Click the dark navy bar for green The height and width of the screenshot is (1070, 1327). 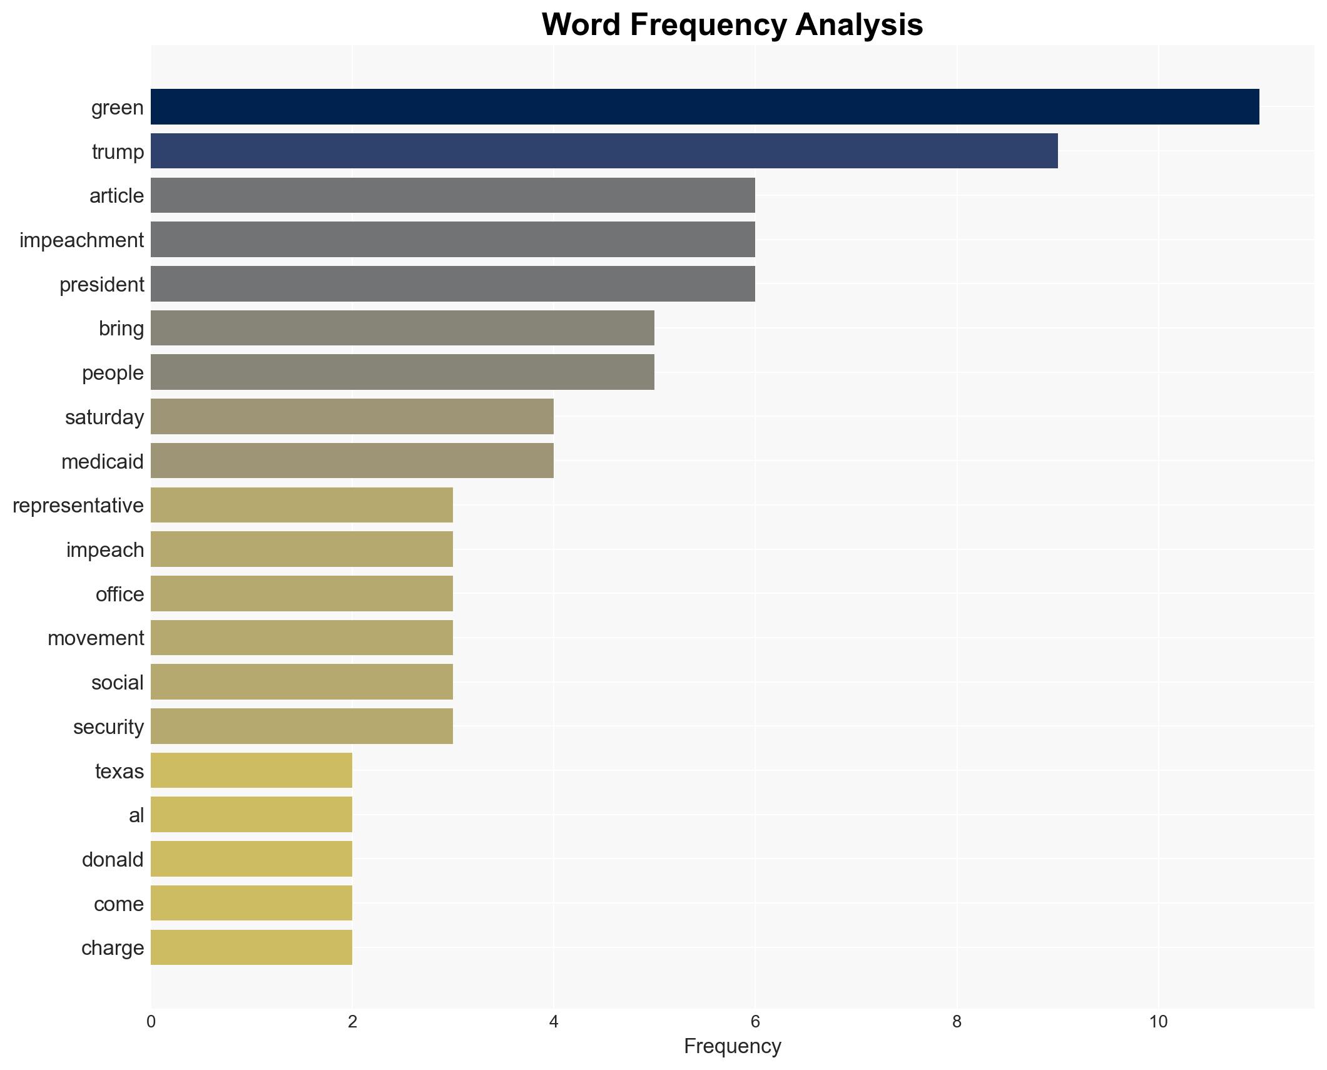pos(704,107)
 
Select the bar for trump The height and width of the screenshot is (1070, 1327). pos(604,151)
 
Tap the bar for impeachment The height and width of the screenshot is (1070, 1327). pos(452,240)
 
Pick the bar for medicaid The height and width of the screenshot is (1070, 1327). pos(352,461)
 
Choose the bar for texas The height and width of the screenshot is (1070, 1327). pos(251,770)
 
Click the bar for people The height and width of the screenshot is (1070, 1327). pos(402,372)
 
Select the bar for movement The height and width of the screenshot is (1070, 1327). pos(302,638)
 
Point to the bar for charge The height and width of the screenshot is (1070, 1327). pos(251,947)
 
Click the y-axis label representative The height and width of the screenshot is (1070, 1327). pos(78,506)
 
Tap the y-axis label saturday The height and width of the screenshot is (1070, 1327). pos(104,417)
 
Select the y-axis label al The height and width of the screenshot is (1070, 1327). pos(136,815)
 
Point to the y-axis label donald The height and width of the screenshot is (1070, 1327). pos(113,860)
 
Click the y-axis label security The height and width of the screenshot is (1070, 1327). pos(108,727)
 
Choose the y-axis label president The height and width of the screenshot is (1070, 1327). pos(101,285)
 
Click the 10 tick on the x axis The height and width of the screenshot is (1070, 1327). pos(1158,1022)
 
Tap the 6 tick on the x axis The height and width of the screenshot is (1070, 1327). pos(755,1022)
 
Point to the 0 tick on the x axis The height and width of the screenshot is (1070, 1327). pos(151,1022)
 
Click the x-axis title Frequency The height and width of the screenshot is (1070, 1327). pos(732,1047)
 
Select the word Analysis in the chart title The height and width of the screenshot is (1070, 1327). pos(859,25)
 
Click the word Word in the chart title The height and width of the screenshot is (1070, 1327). pos(581,25)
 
